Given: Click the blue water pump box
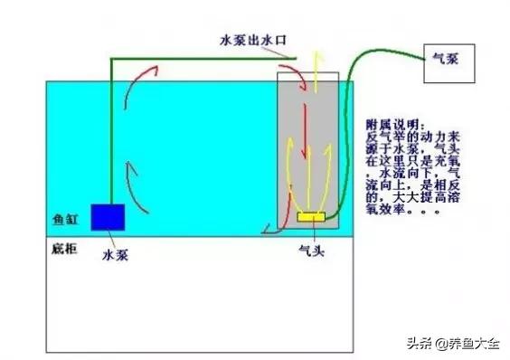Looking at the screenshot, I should click(x=109, y=217).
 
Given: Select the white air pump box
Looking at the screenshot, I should click(x=456, y=69).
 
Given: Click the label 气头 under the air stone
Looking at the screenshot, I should click(x=311, y=250).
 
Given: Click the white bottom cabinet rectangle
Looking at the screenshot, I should click(x=199, y=298).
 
